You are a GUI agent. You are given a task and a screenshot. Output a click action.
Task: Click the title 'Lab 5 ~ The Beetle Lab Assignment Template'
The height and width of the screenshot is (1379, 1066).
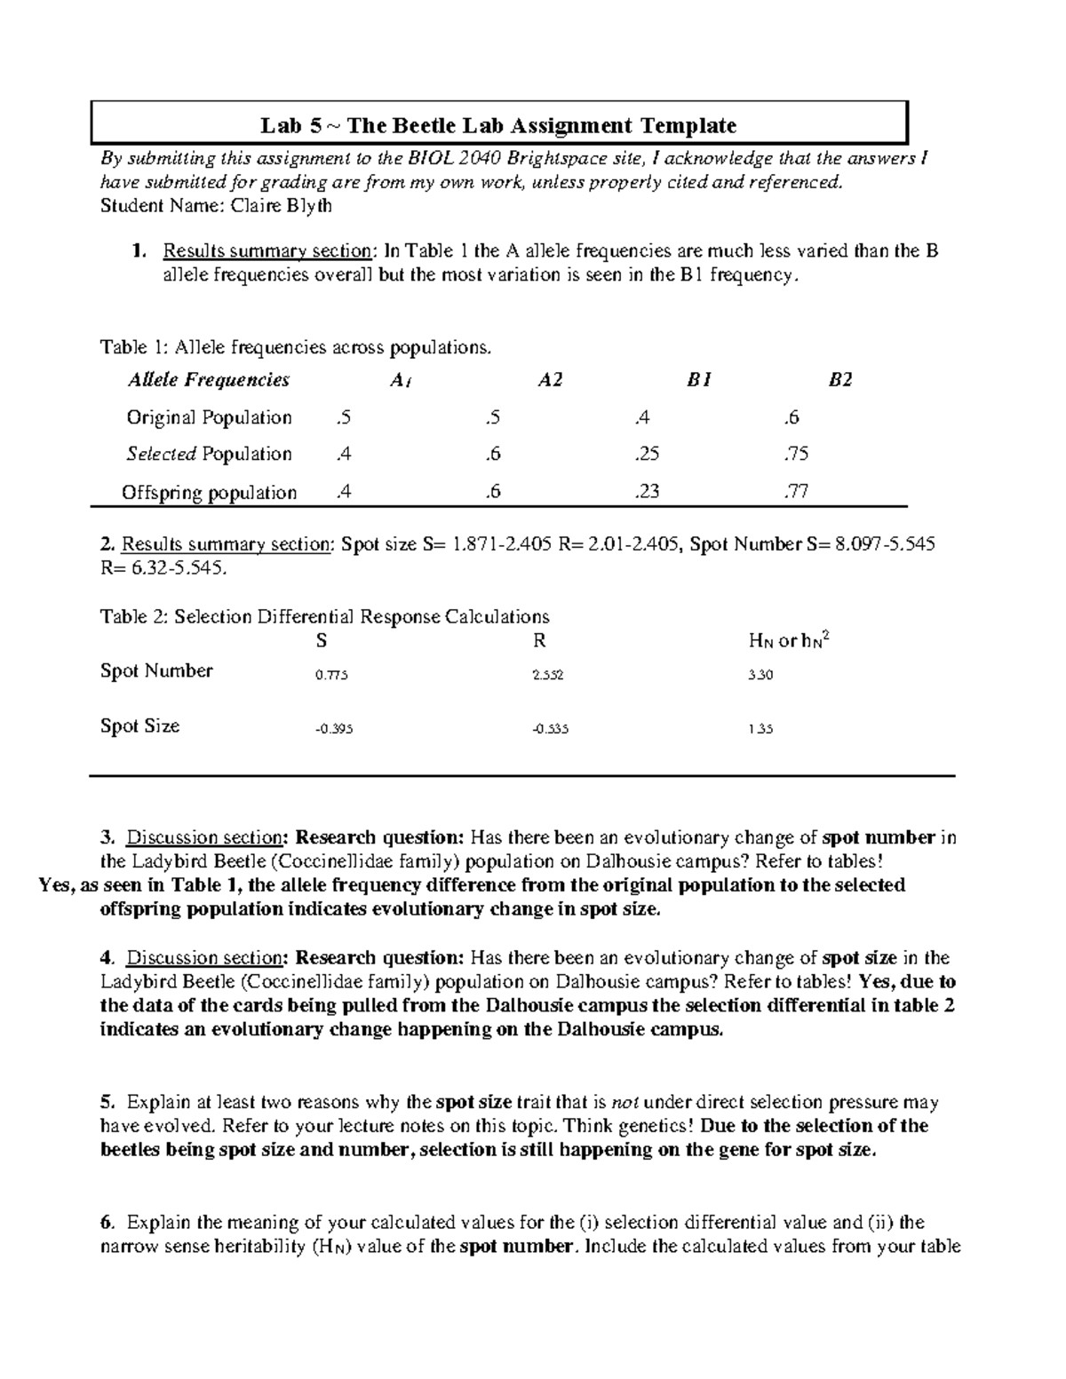(x=498, y=125)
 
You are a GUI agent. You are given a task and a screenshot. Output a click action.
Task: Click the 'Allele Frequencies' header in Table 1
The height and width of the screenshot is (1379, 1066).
(x=209, y=380)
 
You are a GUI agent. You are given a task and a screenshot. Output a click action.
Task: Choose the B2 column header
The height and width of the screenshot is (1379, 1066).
(x=840, y=380)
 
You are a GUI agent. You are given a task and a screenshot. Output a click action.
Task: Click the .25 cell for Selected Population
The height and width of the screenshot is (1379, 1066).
(x=648, y=454)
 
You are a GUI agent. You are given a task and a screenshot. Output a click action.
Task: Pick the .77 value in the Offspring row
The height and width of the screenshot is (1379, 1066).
(x=796, y=491)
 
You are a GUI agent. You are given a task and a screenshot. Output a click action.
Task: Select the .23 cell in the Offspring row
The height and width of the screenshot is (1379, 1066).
(x=648, y=491)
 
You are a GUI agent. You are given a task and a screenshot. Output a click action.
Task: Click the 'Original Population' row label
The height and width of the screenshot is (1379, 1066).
(x=209, y=417)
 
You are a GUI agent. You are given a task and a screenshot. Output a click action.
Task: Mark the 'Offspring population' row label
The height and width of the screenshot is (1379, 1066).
(x=209, y=492)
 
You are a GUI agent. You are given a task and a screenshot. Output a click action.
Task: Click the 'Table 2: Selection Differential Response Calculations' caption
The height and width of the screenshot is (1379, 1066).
(x=324, y=616)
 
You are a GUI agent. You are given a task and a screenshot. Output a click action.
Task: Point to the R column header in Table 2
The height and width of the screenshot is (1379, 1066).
(x=539, y=640)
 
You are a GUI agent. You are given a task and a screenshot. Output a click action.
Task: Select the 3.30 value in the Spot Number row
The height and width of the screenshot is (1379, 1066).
(x=760, y=675)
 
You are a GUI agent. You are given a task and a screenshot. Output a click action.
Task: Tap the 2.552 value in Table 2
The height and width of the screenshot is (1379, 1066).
(x=547, y=675)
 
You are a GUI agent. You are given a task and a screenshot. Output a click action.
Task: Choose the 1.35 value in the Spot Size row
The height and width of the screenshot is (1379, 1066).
(x=760, y=729)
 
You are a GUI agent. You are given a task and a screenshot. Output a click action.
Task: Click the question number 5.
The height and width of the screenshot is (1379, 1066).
(x=107, y=1102)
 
